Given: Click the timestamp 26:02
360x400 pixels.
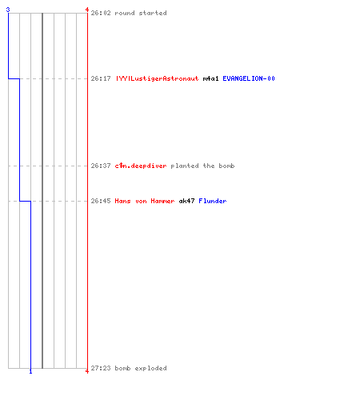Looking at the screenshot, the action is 101,13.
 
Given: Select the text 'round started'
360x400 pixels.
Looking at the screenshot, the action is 141,13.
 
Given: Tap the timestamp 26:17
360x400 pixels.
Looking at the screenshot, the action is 101,78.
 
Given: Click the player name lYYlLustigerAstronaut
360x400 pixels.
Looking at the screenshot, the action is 157,78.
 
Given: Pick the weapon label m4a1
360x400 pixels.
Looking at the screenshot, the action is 210,78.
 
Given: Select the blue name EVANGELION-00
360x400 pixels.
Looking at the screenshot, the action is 249,78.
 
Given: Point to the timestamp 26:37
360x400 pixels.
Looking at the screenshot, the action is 101,166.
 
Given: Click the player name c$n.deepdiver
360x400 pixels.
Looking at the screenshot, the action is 141,166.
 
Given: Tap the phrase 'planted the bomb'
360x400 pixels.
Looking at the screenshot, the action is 202,166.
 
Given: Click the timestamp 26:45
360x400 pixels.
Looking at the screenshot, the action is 101,201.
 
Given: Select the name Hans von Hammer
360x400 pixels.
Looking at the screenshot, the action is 145,201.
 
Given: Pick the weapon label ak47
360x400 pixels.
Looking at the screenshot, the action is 186,201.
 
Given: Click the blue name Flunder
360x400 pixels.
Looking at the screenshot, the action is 213,201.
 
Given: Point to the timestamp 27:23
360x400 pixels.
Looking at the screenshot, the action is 101,368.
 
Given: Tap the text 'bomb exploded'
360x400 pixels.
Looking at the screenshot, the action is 141,368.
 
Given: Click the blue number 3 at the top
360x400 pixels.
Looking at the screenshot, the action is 8,10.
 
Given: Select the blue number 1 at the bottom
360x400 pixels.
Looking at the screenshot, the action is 30,371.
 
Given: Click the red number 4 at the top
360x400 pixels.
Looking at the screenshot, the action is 87,10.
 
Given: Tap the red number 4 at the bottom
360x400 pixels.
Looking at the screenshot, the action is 87,371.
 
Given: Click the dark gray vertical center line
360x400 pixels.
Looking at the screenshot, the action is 42,190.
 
